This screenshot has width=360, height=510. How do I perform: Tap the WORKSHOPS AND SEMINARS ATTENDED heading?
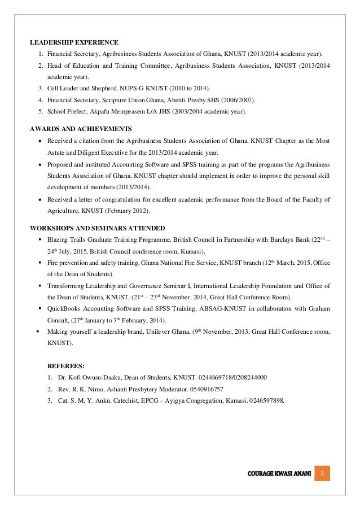(97, 228)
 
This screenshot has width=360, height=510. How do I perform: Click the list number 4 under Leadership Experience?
(41, 101)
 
